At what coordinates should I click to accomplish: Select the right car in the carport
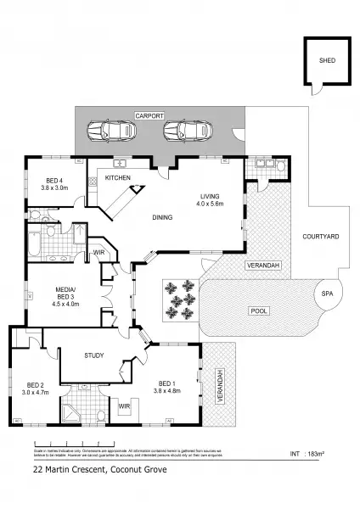pos(187,131)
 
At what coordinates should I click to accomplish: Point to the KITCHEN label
pos(116,178)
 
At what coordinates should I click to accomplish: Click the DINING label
pos(162,218)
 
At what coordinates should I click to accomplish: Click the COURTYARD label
pos(321,237)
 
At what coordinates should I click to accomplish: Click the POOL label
pos(258,311)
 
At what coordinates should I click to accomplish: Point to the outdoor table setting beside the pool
pos(179,300)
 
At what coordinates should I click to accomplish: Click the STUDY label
pos(93,356)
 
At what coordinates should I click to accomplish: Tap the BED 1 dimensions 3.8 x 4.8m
pos(166,391)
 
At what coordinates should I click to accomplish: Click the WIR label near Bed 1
pos(124,406)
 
